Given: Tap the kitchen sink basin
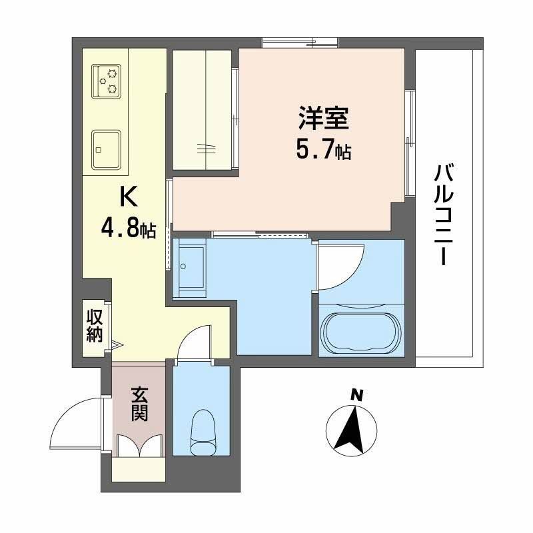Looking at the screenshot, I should click(107, 149).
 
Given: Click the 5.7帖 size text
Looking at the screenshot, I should click(323, 151).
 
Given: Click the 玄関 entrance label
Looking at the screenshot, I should click(139, 403).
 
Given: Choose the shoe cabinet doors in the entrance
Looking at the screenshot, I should click(139, 446).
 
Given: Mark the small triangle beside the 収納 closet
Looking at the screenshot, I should click(117, 345).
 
